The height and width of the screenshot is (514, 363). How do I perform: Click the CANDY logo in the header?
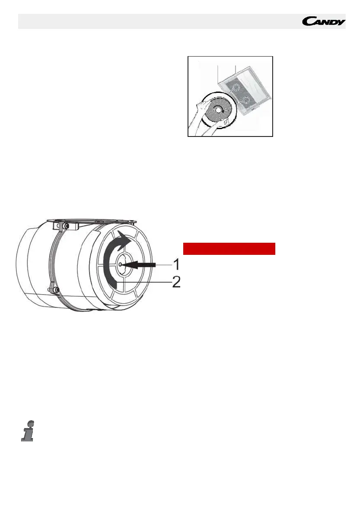coord(323,21)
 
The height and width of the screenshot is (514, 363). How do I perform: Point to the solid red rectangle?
coord(229,249)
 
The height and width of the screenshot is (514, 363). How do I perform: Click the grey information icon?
coord(27,431)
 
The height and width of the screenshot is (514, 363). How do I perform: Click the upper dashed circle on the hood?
coord(236,89)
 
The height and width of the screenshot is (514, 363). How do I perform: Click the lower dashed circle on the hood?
coord(246,101)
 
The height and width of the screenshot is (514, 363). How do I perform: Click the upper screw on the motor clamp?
coord(65,226)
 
